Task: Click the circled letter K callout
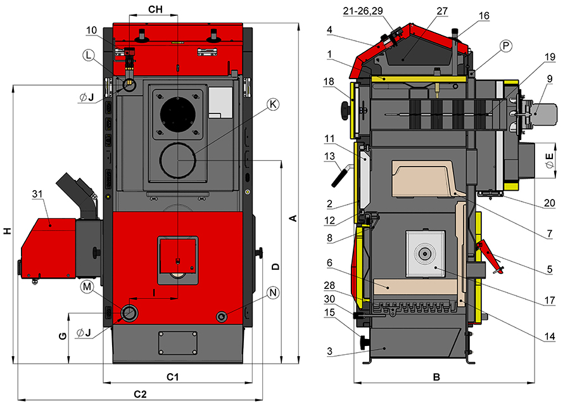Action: tap(272, 105)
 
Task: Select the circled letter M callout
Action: tap(86, 287)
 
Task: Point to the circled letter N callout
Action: tap(273, 293)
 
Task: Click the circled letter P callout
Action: tap(505, 46)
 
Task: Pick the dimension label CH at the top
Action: tap(155, 10)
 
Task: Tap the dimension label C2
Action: tap(140, 393)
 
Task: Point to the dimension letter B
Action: tap(436, 377)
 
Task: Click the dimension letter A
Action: tap(293, 219)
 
